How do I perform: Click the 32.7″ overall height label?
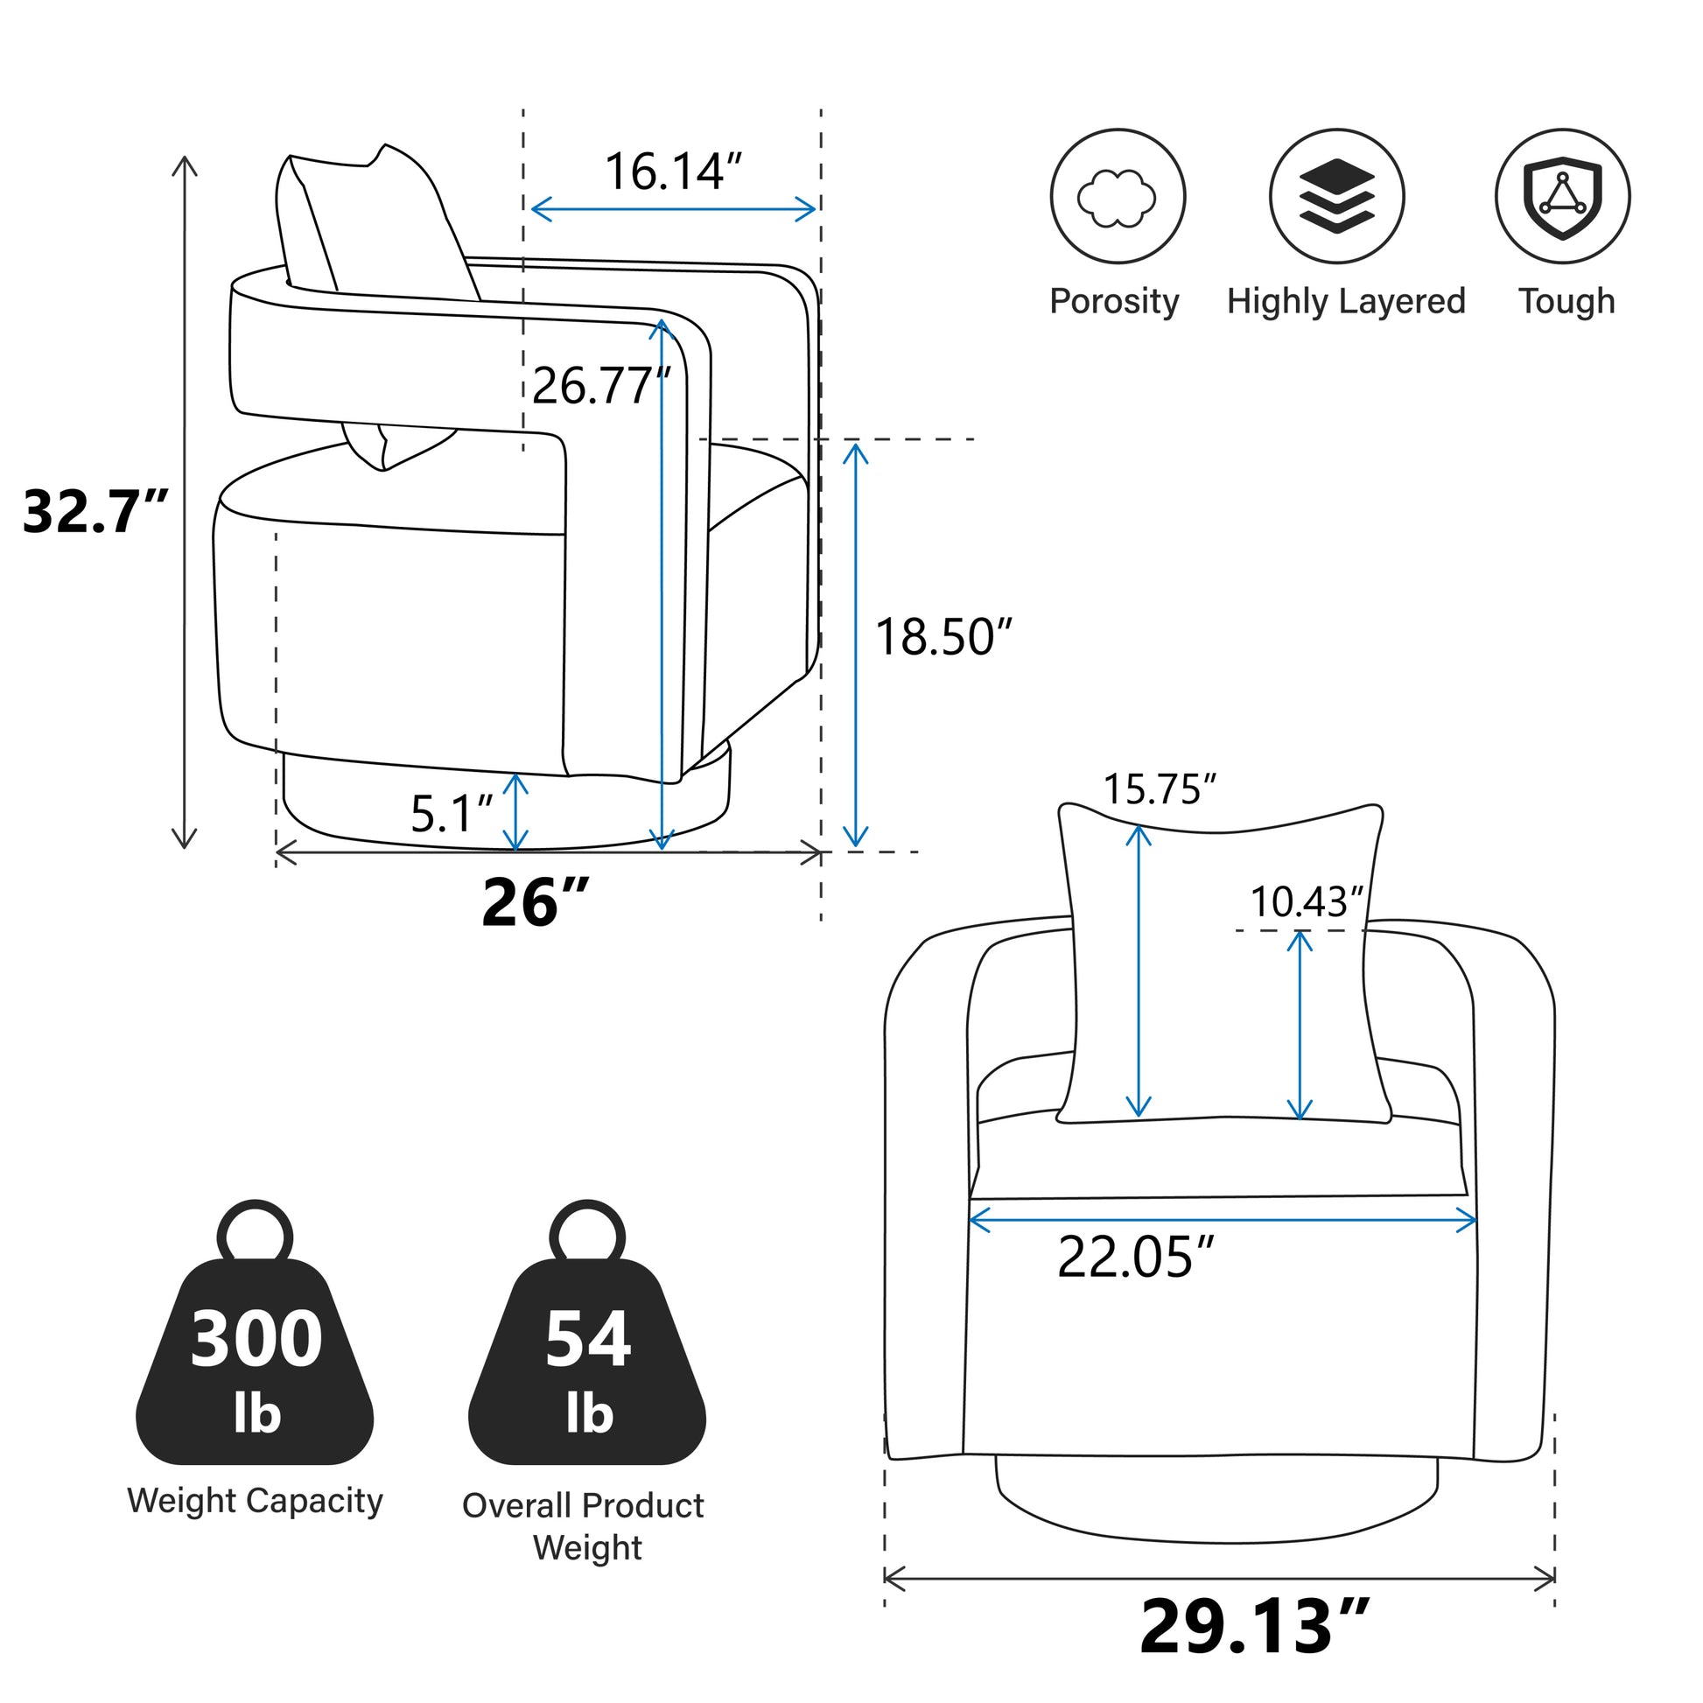pyautogui.click(x=95, y=511)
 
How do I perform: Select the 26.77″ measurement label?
pyautogui.click(x=602, y=385)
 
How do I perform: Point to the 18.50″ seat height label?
pyautogui.click(x=943, y=636)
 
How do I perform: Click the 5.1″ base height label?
pyautogui.click(x=452, y=813)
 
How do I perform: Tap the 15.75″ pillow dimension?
pyautogui.click(x=1160, y=788)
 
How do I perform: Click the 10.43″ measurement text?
pyautogui.click(x=1307, y=901)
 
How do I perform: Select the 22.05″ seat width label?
pyautogui.click(x=1135, y=1257)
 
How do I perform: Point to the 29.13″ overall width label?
pyautogui.click(x=1254, y=1626)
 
